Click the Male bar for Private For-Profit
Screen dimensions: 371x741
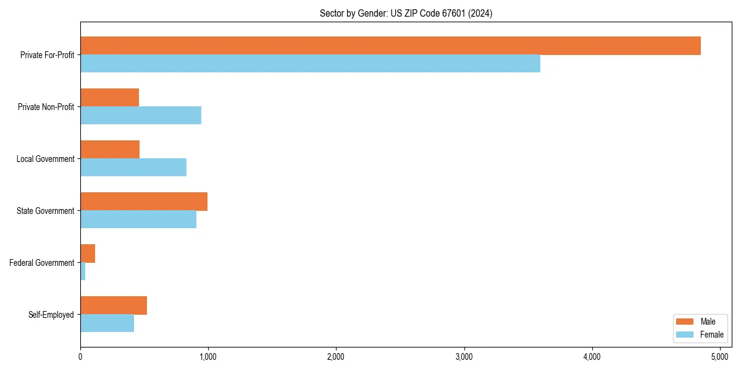click(390, 46)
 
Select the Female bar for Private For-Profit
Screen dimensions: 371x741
click(310, 64)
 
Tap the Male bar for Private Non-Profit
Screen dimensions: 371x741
click(109, 98)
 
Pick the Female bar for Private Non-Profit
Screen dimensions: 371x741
click(141, 116)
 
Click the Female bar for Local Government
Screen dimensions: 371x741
click(133, 168)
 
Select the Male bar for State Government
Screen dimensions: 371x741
click(144, 202)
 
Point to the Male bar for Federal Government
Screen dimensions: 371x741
click(88, 254)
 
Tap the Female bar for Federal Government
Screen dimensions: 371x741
click(83, 271)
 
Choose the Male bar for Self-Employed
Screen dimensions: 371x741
click(114, 305)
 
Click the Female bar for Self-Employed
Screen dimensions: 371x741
click(107, 323)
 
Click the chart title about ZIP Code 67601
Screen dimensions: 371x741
click(406, 13)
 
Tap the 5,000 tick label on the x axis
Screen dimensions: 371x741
click(720, 357)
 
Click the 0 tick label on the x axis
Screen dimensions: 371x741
click(80, 357)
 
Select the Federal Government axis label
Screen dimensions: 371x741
click(41, 263)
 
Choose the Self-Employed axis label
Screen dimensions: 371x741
click(51, 315)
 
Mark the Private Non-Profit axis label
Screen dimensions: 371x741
click(46, 107)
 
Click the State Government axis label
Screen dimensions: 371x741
click(45, 211)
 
